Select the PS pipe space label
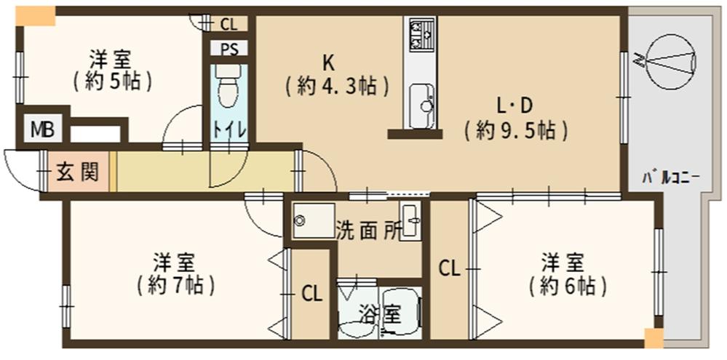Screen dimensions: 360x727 pos(228,50)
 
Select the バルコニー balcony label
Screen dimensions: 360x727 pos(670,177)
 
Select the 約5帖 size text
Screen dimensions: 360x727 pos(112,81)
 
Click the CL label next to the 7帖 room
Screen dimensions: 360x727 pos(311,294)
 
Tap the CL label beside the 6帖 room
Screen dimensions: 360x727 pos(449,268)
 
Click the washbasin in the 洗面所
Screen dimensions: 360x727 pos(411,220)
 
